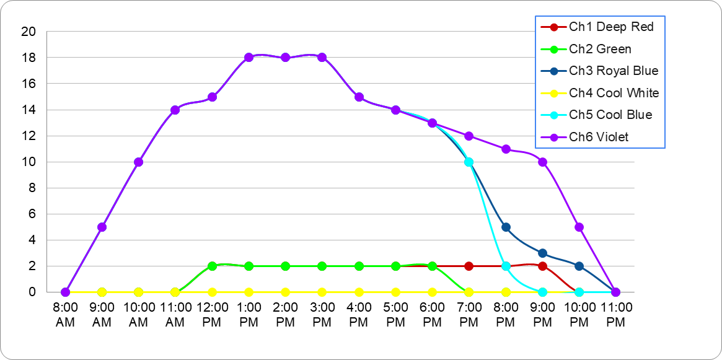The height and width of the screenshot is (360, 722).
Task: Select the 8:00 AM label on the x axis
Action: (65, 313)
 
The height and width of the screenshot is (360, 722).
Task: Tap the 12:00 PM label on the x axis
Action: (212, 313)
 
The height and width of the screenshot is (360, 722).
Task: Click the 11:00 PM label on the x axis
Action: (615, 313)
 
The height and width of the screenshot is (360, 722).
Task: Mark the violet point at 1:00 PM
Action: (249, 58)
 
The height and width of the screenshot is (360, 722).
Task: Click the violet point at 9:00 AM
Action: (102, 227)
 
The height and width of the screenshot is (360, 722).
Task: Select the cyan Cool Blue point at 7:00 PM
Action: (469, 162)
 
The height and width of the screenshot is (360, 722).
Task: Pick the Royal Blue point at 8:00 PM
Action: (506, 227)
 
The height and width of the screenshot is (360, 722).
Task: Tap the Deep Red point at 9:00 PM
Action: (542, 266)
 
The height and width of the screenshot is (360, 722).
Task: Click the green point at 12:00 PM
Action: (212, 266)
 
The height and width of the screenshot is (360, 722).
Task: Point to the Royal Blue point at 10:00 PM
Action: (579, 266)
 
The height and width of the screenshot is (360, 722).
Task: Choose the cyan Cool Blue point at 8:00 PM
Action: (506, 266)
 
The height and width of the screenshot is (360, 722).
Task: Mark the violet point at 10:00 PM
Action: (579, 227)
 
